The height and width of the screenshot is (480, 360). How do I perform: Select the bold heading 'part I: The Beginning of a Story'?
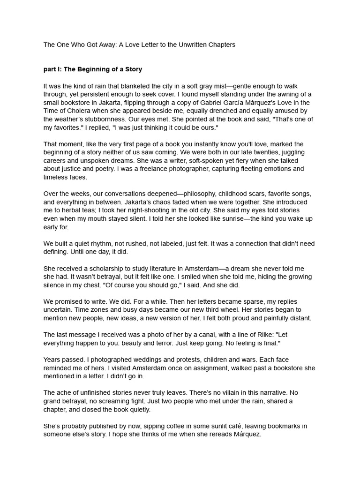point(93,69)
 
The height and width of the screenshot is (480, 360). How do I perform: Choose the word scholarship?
point(109,269)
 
